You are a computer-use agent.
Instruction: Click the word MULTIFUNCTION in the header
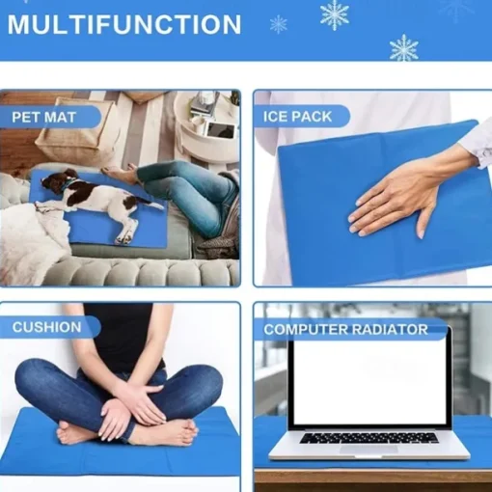[x=124, y=24]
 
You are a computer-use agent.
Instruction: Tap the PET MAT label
[x=43, y=117]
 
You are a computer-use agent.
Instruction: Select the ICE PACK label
[x=297, y=117]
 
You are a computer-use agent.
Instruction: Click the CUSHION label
[x=47, y=327]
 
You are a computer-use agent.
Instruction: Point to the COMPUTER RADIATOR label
[x=345, y=329]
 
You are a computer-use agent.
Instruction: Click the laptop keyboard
[x=369, y=438]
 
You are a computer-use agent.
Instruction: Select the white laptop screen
[x=369, y=381]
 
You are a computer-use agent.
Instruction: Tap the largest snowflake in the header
[x=335, y=14]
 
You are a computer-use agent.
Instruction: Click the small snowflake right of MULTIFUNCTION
[x=279, y=24]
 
